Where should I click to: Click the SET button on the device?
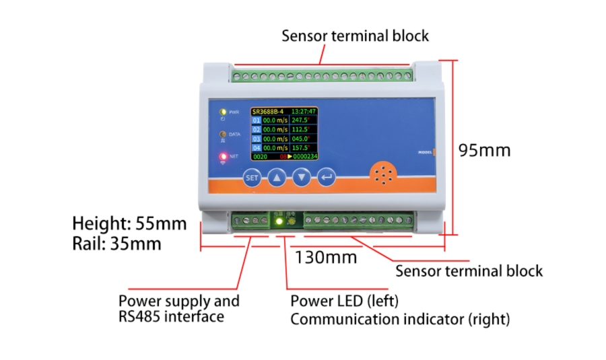click(x=252, y=178)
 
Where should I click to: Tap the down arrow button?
click(x=303, y=178)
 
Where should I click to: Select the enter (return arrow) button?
click(x=328, y=178)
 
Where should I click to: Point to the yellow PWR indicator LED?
click(x=222, y=112)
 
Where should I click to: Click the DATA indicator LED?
click(x=222, y=135)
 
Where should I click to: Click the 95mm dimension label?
click(x=484, y=149)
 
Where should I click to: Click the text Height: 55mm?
click(x=129, y=223)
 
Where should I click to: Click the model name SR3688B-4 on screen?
click(x=268, y=111)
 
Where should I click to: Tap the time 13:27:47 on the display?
click(x=304, y=111)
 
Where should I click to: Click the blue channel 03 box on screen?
click(x=256, y=139)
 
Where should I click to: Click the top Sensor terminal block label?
click(x=355, y=35)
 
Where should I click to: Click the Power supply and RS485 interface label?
click(x=178, y=308)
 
